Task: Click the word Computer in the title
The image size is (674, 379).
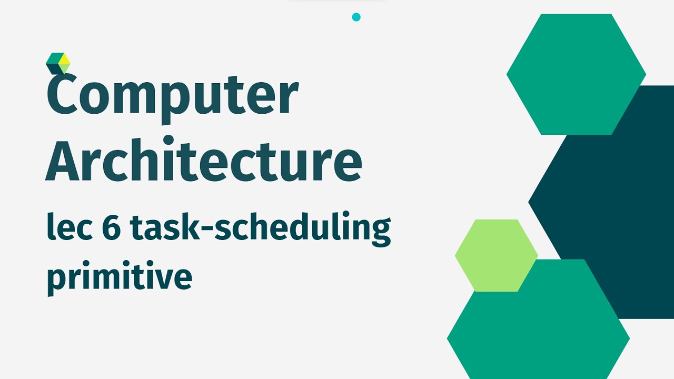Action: [x=172, y=97]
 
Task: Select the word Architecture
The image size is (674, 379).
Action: [x=203, y=158]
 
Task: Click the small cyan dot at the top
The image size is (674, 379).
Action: [x=356, y=17]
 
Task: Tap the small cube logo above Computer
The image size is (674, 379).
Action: [x=58, y=63]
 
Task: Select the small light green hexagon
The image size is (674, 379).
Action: [x=496, y=255]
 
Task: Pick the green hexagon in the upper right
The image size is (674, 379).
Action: [x=576, y=74]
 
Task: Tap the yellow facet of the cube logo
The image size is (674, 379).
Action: [x=64, y=58]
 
